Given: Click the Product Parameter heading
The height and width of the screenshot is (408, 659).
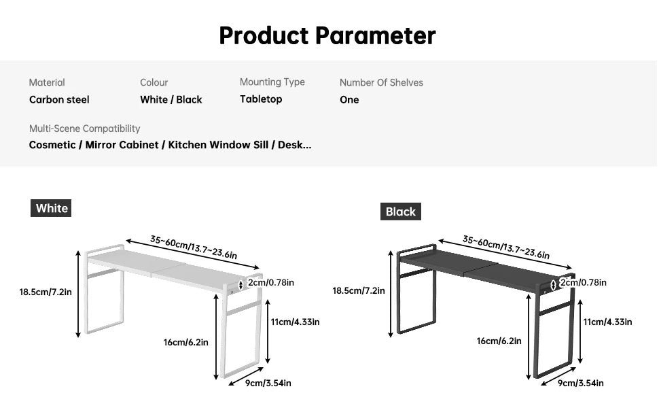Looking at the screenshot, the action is point(327,36).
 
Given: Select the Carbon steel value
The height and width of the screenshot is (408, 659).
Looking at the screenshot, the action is point(59,100).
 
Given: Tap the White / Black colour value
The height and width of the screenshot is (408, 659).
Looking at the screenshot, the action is point(171,100).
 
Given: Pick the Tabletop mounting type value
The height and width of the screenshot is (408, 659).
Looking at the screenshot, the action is point(261,99).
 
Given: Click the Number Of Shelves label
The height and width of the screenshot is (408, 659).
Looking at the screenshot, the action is point(381,82).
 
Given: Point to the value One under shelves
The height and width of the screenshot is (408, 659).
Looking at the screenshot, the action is point(349,100).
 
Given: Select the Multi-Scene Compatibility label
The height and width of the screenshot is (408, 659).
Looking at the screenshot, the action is point(84,129).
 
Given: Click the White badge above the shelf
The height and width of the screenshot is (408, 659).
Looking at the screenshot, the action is point(51,208).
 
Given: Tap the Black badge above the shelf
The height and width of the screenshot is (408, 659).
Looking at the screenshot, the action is point(401,211).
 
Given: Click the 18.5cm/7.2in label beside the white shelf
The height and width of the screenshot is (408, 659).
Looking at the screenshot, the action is point(46,292).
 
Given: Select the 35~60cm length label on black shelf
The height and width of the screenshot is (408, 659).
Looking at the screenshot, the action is point(506,248).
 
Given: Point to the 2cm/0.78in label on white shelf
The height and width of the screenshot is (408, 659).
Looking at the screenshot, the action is point(270,283).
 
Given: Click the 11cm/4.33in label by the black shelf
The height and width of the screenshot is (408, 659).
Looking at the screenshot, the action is point(607,322).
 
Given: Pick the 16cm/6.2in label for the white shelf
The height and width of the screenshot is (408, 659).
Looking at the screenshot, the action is point(185,343).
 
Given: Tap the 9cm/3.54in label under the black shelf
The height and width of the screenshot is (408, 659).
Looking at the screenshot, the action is point(580,384).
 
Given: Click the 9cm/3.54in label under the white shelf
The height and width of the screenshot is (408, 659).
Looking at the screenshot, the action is point(268,384).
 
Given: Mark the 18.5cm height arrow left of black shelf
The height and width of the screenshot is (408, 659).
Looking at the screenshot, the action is point(391,294).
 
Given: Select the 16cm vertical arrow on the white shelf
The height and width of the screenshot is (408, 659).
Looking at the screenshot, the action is point(216,337).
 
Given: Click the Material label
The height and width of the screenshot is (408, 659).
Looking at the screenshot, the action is point(47,82).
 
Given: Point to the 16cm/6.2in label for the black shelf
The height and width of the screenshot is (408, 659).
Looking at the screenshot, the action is point(499,341).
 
